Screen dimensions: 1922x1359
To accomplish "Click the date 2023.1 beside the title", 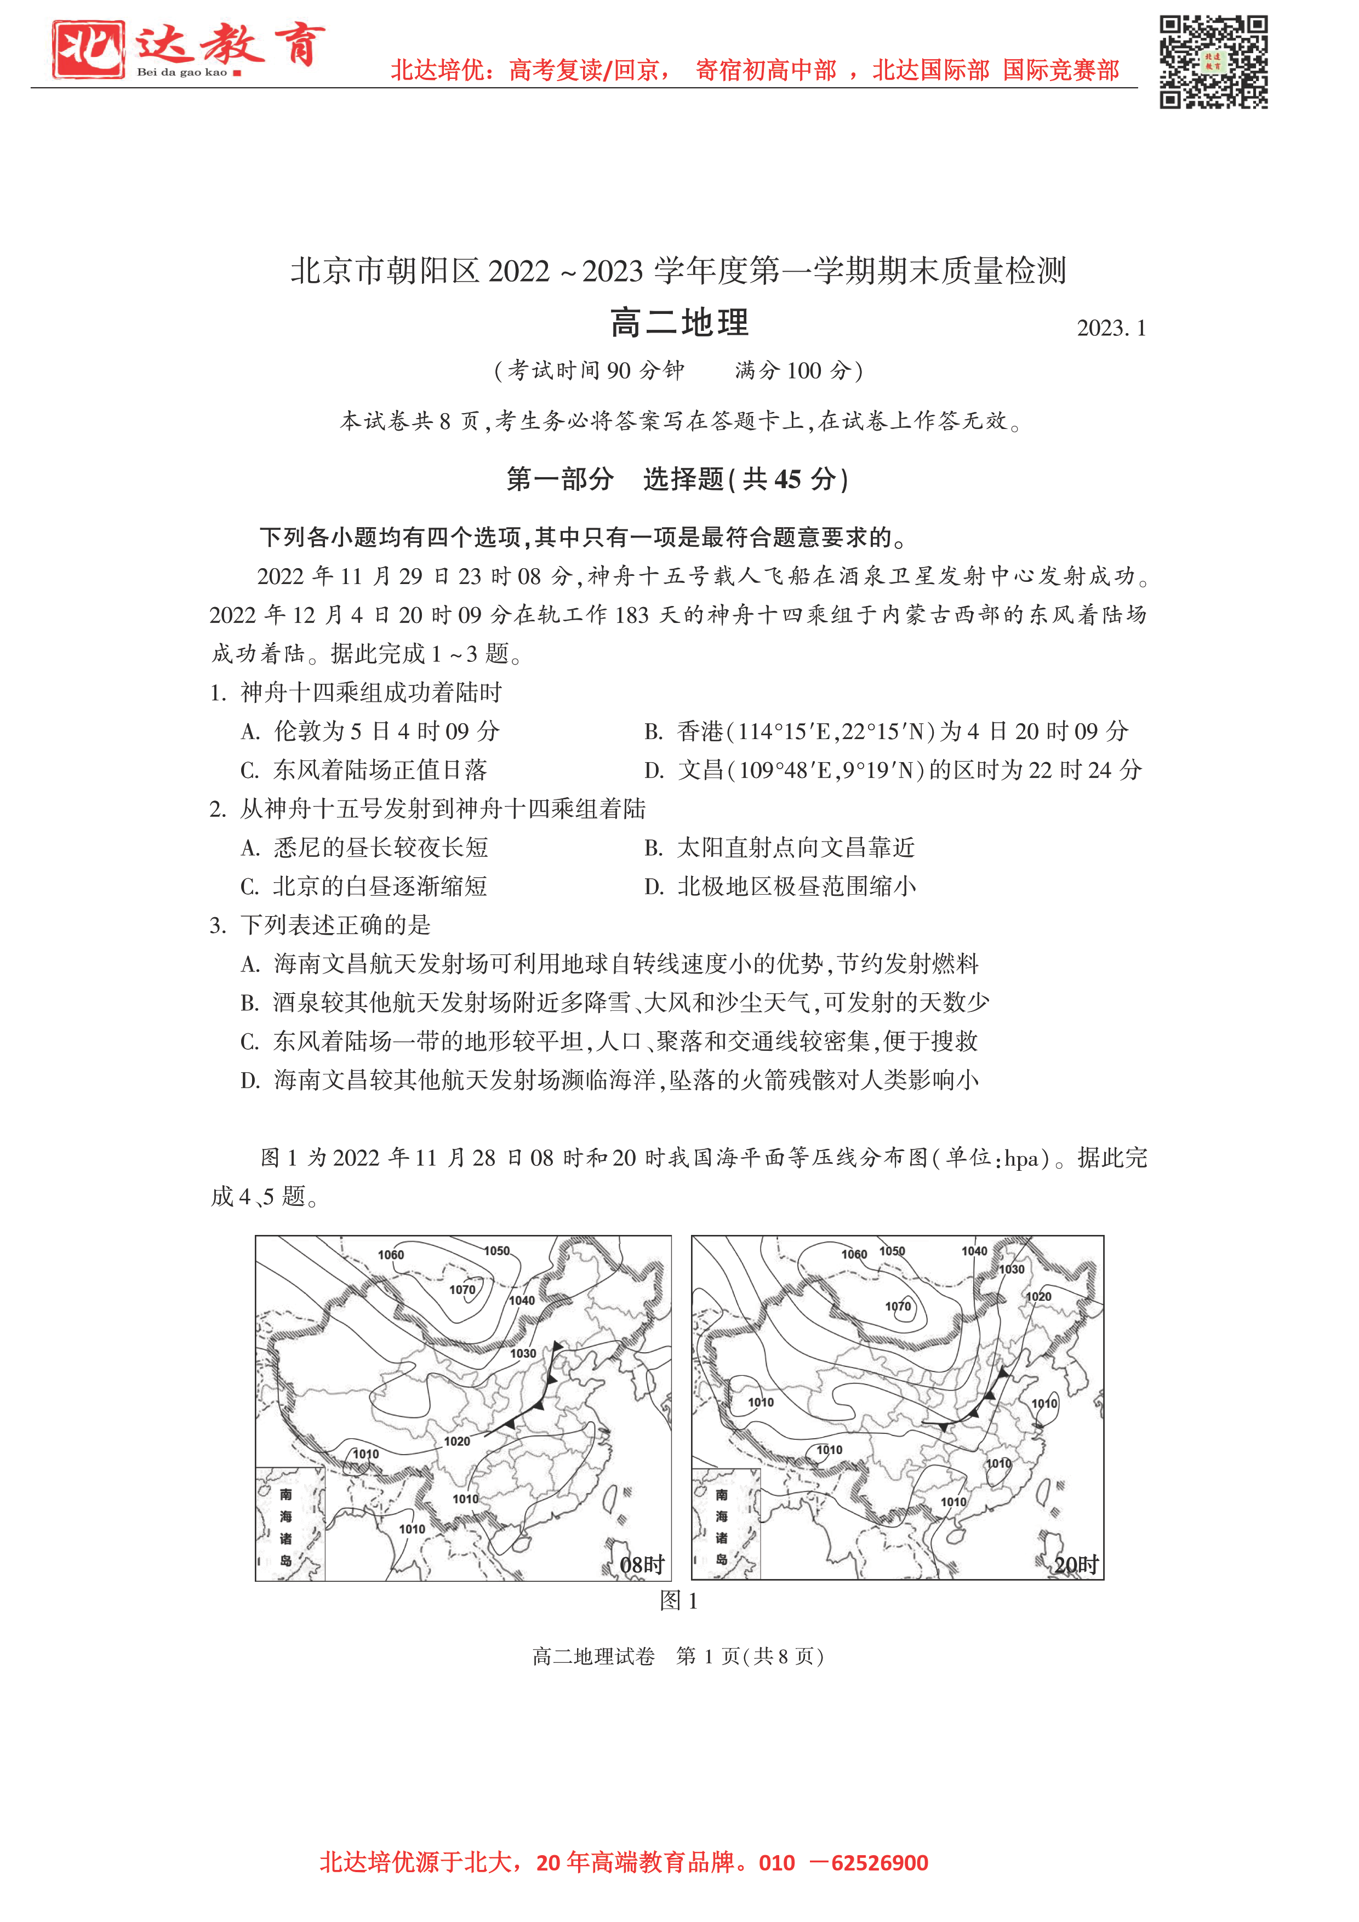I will [x=1110, y=328].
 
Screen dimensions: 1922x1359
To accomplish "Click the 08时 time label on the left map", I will [x=641, y=1565].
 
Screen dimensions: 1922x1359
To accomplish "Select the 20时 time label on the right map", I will [x=1076, y=1565].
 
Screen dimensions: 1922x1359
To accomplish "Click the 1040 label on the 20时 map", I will [x=974, y=1251].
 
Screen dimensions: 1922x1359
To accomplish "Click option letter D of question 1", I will [x=653, y=771].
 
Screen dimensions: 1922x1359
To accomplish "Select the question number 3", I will [x=218, y=925].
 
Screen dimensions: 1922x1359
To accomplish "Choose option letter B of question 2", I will [x=653, y=848].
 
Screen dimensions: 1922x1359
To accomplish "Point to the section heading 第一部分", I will [x=559, y=479].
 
